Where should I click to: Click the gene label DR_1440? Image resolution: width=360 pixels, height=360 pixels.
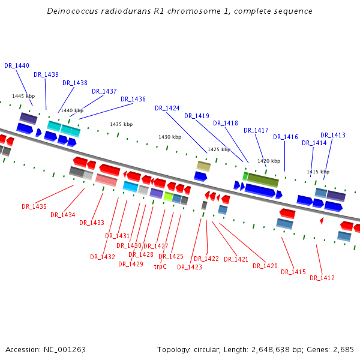[17, 65]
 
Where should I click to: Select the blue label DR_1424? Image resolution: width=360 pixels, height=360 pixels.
[167, 108]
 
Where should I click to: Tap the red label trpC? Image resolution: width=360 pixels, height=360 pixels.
[160, 266]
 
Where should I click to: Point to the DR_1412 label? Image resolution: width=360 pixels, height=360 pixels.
[322, 278]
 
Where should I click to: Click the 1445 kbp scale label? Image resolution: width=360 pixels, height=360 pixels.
[23, 96]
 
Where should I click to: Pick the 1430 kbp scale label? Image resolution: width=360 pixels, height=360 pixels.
[170, 137]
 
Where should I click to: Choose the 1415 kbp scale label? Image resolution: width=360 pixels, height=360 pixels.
[318, 172]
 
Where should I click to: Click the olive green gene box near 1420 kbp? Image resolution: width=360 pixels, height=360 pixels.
[263, 179]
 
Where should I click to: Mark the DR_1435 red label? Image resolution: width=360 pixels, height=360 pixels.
[34, 206]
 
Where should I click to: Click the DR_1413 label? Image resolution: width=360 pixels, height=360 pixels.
[333, 135]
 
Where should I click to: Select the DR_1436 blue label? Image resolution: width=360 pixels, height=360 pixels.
[133, 99]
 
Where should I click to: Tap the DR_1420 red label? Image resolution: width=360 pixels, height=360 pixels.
[265, 266]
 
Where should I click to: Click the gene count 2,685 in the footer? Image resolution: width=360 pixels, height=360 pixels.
[343, 349]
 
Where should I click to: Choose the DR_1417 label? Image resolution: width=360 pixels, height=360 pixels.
[256, 130]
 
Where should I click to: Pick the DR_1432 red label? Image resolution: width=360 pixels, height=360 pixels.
[103, 257]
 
